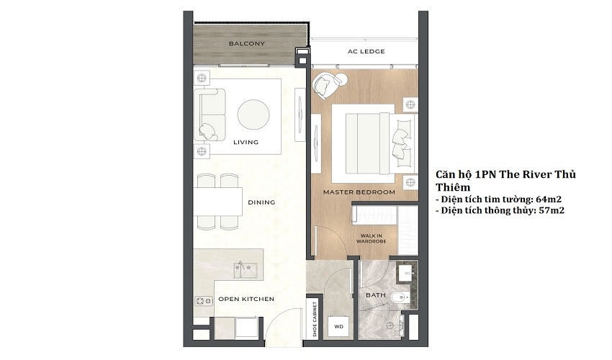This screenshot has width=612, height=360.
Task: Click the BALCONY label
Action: coord(247,44)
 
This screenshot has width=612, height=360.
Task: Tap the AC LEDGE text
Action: coord(366,52)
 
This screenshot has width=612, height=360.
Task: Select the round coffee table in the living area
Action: coord(253,114)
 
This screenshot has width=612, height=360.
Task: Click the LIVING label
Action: coord(246,142)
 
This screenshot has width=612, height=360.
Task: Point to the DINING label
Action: coord(261,202)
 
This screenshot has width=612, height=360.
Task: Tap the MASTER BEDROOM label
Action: coord(359,192)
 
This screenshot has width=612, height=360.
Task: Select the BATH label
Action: coord(375,295)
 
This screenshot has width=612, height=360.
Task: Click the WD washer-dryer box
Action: coord(338,326)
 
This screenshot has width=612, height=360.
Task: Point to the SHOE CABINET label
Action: coord(315,320)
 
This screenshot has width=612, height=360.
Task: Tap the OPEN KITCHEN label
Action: coord(246,299)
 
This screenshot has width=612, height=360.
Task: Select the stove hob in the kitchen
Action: coord(204,301)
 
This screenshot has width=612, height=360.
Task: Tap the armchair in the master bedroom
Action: coord(328,84)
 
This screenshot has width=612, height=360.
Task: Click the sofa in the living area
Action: coord(210,114)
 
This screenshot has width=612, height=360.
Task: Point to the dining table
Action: coord(217,202)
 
